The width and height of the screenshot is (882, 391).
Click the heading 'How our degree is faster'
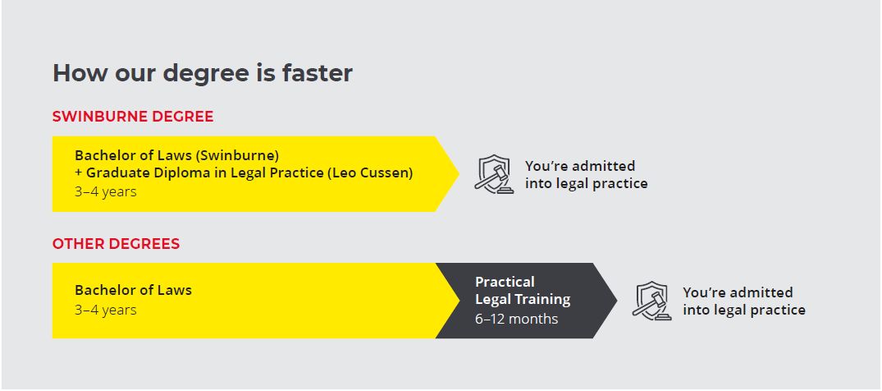click(x=203, y=74)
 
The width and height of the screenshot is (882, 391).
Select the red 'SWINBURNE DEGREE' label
click(x=133, y=117)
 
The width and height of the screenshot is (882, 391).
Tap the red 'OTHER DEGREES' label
click(x=116, y=244)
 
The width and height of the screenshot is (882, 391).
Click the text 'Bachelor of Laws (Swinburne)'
click(x=176, y=155)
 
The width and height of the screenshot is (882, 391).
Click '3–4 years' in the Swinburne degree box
click(x=106, y=191)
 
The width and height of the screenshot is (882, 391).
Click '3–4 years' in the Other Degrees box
click(x=106, y=310)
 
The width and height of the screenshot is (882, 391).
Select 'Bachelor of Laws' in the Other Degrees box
click(x=133, y=290)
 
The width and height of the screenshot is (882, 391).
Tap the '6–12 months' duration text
click(x=516, y=319)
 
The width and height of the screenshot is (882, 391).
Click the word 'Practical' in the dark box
click(x=505, y=282)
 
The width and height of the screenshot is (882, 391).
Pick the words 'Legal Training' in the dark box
click(x=523, y=300)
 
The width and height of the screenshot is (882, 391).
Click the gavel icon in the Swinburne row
click(x=493, y=174)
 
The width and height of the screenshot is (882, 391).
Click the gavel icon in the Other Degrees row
click(x=651, y=301)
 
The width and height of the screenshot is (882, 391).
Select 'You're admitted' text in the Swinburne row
click(x=580, y=166)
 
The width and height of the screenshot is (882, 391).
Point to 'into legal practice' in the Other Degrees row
click(x=743, y=310)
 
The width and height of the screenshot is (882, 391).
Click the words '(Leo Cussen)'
click(x=370, y=173)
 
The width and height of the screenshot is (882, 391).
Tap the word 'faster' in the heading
click(x=318, y=73)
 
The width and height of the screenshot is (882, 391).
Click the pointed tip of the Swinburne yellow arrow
click(x=459, y=173)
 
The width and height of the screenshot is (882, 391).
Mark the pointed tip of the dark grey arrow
click(x=617, y=301)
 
